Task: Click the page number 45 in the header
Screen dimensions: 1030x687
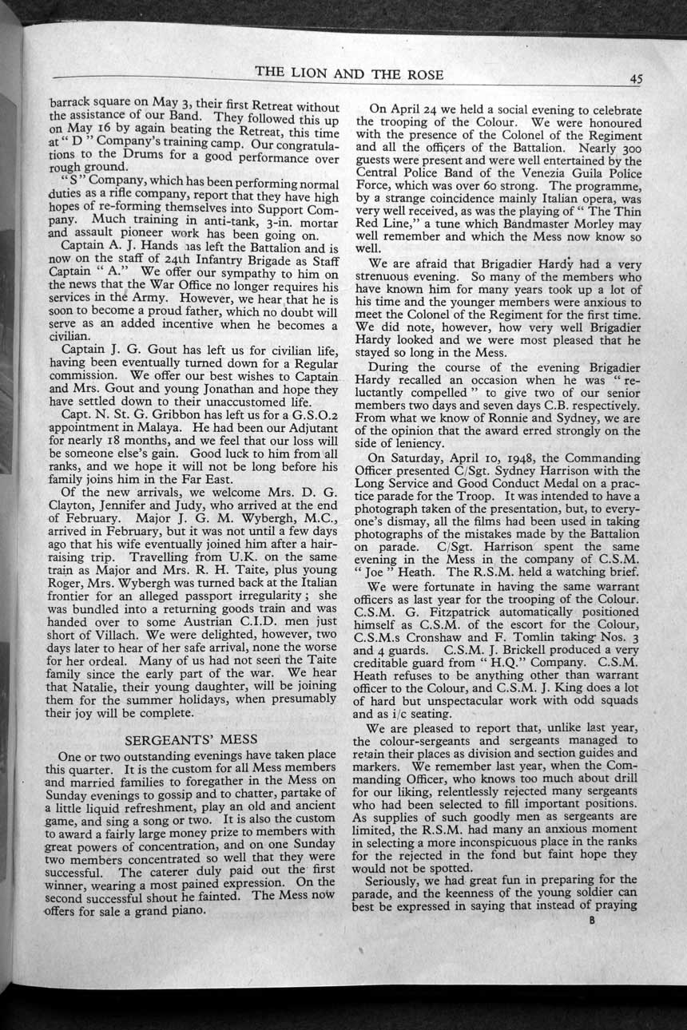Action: coord(636,78)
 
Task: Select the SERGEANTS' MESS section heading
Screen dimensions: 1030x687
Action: coord(191,739)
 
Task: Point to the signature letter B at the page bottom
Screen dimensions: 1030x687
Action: coord(592,919)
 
